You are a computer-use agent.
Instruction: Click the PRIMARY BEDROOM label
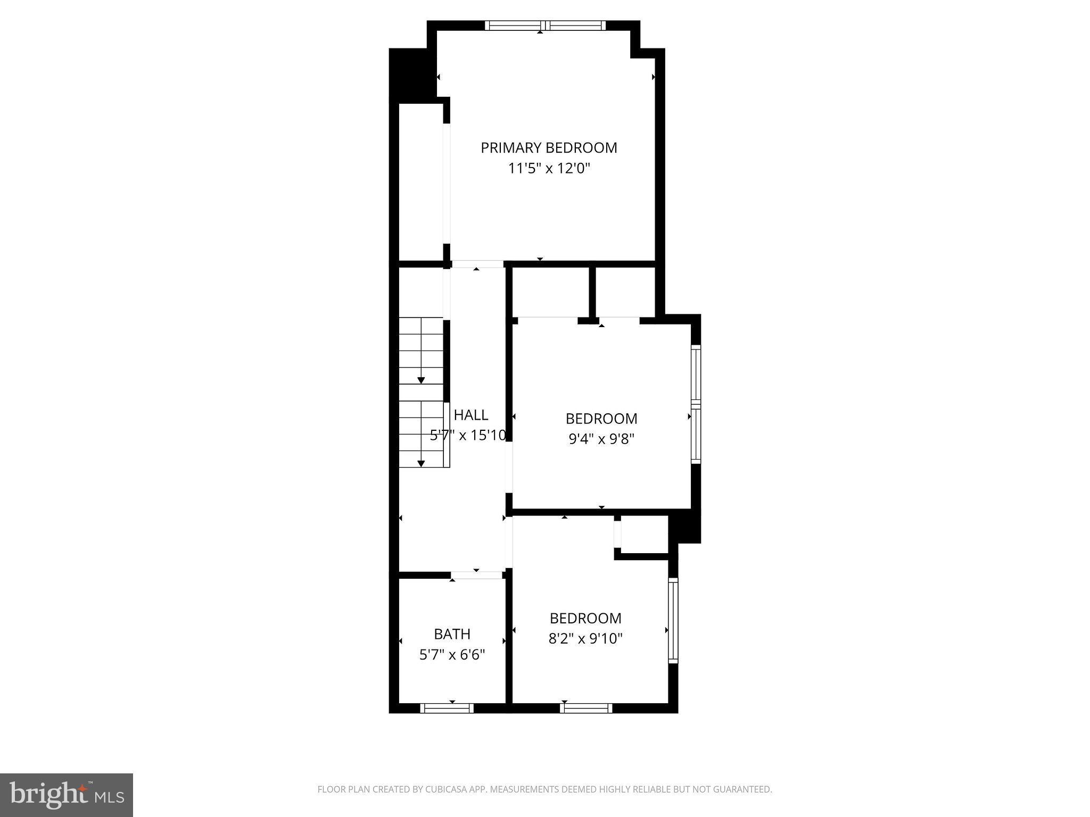(x=549, y=147)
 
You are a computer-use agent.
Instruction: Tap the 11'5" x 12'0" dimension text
(x=549, y=169)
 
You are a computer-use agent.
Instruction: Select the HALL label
(x=470, y=414)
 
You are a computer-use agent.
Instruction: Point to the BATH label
(x=452, y=634)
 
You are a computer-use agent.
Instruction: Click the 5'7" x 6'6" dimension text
(x=452, y=655)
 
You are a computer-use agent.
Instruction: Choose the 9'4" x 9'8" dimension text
(x=601, y=439)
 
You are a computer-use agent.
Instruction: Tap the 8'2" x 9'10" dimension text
(x=585, y=638)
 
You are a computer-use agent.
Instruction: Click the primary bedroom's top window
(x=545, y=25)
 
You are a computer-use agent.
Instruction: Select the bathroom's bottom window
(x=447, y=708)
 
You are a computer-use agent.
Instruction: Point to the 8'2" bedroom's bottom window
(x=585, y=708)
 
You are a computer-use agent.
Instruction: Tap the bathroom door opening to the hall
(x=477, y=575)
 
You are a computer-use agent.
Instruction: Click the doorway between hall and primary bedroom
(x=477, y=264)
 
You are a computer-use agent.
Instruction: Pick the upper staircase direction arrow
(x=421, y=380)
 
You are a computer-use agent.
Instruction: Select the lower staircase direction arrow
(x=421, y=463)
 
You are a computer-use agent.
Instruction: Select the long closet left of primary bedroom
(x=421, y=181)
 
